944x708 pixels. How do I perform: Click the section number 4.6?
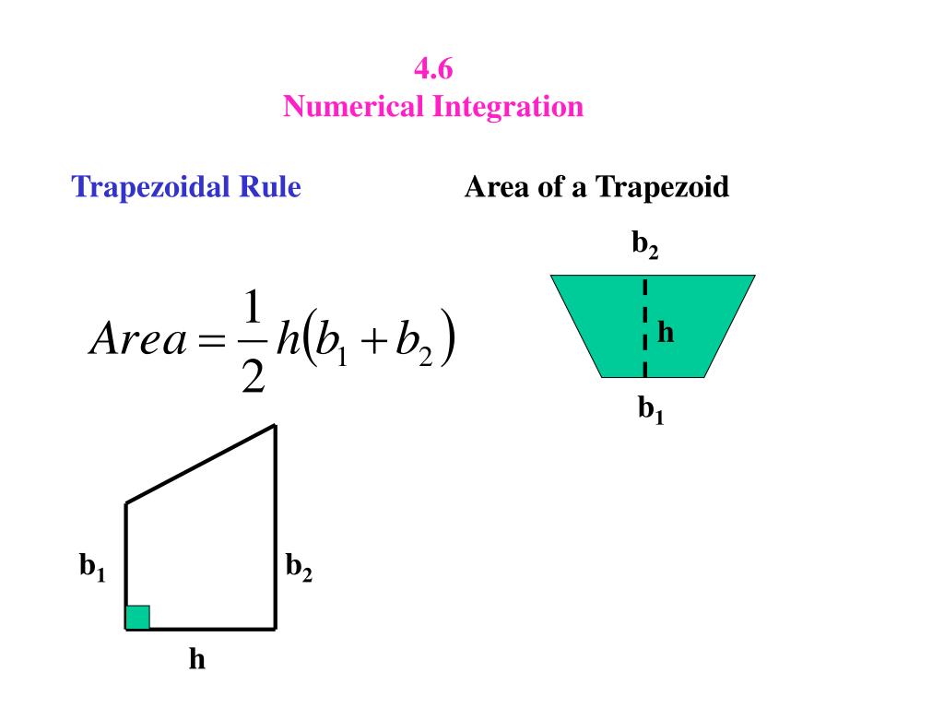[433, 68]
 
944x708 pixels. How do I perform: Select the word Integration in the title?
[508, 107]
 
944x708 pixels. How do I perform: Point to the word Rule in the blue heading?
[270, 186]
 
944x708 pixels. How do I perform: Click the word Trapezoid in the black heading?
[662, 187]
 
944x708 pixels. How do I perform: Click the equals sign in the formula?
[211, 341]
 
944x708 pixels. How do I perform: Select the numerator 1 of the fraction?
[253, 307]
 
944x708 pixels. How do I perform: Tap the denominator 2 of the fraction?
[253, 376]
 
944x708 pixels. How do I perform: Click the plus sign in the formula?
[373, 341]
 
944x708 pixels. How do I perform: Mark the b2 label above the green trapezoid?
[644, 244]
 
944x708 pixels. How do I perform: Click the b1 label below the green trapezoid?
[651, 410]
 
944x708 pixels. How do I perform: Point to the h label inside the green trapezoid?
[666, 332]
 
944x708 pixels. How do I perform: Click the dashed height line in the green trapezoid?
[644, 327]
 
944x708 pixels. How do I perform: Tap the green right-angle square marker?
[137, 618]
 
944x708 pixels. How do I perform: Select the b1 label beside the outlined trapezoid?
[92, 567]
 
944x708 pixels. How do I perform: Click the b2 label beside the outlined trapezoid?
[299, 567]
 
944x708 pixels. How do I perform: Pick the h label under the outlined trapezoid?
[197, 658]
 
